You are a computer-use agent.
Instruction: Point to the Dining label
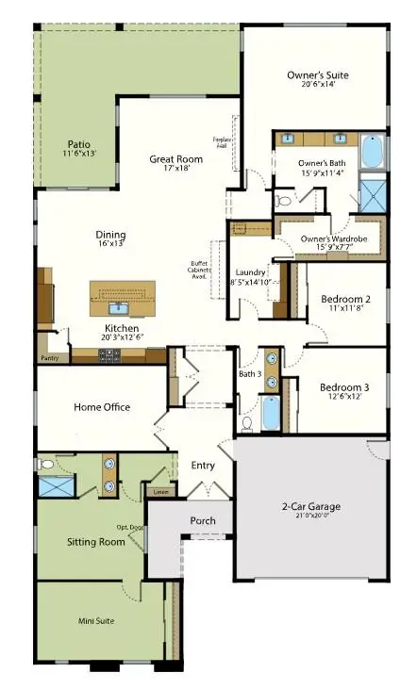(110, 235)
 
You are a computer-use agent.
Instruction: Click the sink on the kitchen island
(119, 306)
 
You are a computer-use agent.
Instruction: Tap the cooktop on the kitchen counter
(108, 355)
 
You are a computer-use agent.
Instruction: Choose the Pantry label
(49, 359)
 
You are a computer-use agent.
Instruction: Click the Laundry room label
(250, 272)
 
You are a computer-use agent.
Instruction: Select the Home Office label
(102, 407)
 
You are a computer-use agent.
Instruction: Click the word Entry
(203, 466)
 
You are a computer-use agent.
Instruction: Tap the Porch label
(203, 520)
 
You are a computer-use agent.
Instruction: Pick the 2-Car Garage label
(310, 507)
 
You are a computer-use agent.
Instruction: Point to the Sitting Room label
(96, 543)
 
